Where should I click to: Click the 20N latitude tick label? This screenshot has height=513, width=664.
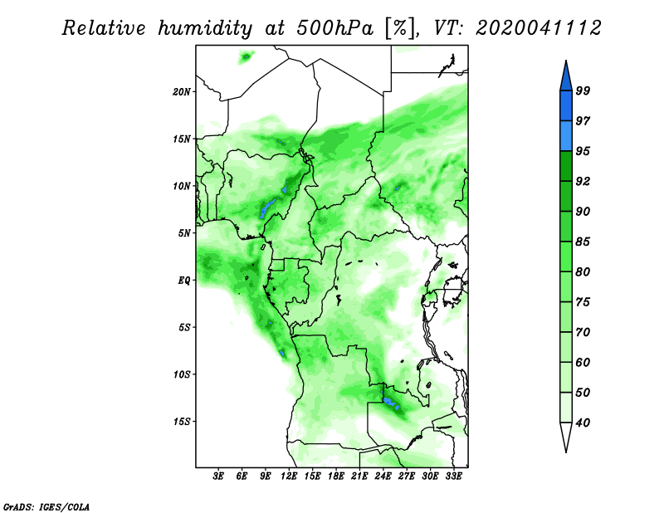[x=182, y=92]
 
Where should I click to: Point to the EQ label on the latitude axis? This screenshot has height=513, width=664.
[x=184, y=281]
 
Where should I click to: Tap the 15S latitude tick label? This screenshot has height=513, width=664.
[x=182, y=422]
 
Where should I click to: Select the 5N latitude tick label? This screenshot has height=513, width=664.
[x=184, y=233]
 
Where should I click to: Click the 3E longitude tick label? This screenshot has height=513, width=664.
[x=218, y=476]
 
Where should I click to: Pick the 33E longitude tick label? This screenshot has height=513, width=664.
[x=453, y=476]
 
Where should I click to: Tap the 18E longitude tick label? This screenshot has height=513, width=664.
[x=336, y=476]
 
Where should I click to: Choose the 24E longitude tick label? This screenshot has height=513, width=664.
[x=383, y=476]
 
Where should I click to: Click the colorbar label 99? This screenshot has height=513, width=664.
[x=583, y=90]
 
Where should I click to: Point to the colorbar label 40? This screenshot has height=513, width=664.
[x=583, y=423]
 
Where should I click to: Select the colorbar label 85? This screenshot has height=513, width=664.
[x=583, y=242]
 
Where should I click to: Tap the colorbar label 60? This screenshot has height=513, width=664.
[x=583, y=362]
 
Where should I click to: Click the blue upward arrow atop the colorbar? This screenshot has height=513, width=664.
[x=566, y=78]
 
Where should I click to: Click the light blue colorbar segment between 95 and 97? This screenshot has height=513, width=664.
[x=566, y=136]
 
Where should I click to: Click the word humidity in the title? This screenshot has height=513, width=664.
[x=204, y=28]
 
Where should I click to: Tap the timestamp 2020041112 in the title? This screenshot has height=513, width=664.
[x=538, y=28]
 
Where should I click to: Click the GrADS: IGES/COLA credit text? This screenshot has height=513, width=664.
[x=46, y=506]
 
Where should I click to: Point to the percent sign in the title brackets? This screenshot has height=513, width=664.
[x=400, y=28]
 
